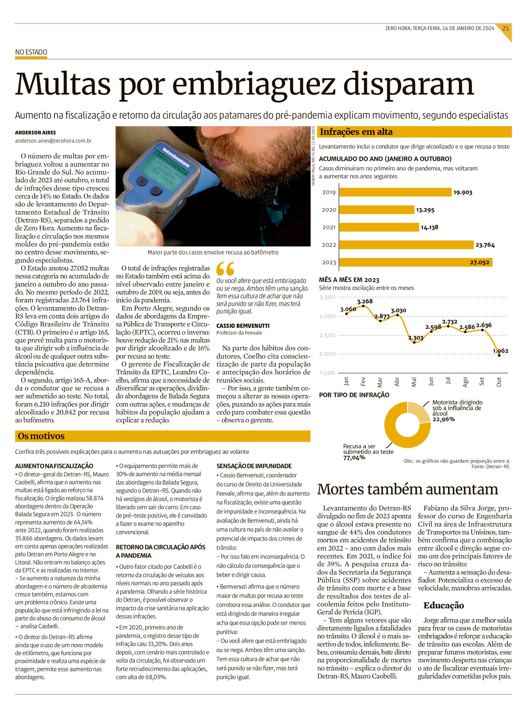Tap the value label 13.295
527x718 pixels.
click(425, 210)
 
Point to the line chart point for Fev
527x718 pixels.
click(363, 306)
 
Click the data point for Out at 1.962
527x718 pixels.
click(499, 355)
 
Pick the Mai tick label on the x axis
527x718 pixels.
click(414, 382)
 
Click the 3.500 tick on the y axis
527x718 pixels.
click(327, 297)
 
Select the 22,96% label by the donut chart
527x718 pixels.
click(443, 419)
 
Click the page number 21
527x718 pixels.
click(506, 28)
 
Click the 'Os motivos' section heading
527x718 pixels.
click(41, 436)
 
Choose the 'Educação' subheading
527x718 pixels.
click(443, 606)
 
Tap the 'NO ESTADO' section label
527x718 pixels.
click(31, 52)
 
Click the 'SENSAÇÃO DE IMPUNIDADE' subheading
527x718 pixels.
click(254, 466)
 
